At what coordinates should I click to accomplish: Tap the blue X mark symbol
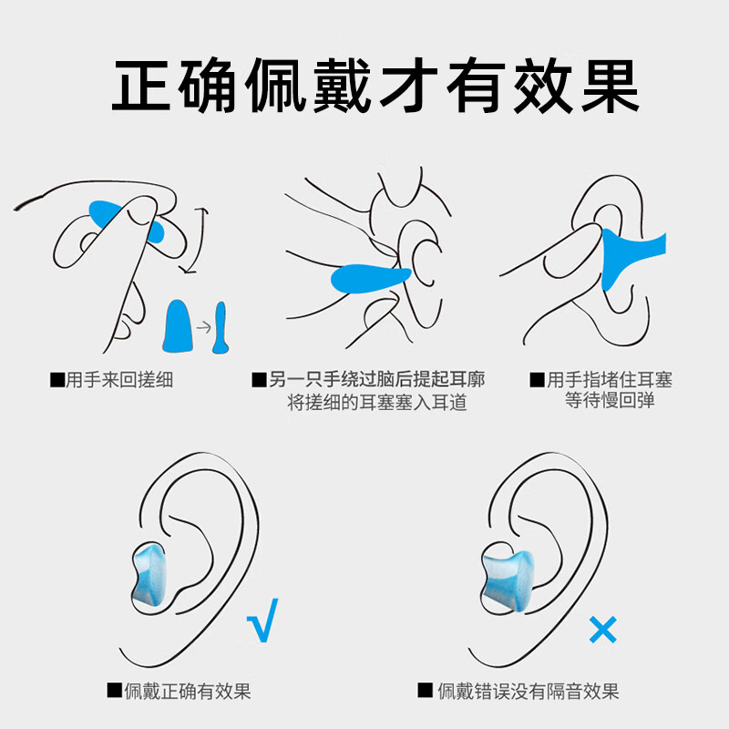point(602,630)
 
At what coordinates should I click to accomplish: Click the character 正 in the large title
point(141,85)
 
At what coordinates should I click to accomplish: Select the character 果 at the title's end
point(610,85)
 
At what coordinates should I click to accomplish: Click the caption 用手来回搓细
point(119,380)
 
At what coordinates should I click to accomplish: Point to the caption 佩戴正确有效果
point(188,691)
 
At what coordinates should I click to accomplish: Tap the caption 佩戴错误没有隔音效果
point(529,691)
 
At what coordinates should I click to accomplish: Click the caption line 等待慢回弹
point(610,400)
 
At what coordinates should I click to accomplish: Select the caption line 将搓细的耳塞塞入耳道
point(377,402)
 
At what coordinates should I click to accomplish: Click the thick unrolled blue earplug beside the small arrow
point(178,326)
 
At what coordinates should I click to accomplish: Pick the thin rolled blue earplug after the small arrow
point(220,328)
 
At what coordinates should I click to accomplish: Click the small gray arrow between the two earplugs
point(203,327)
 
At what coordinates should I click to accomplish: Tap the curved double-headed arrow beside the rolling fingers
point(198,241)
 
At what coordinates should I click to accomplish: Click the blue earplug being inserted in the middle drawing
point(371,278)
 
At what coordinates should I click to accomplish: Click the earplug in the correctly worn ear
point(149,575)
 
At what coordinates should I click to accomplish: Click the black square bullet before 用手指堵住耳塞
point(537,380)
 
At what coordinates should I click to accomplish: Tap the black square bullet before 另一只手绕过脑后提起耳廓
point(259,380)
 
